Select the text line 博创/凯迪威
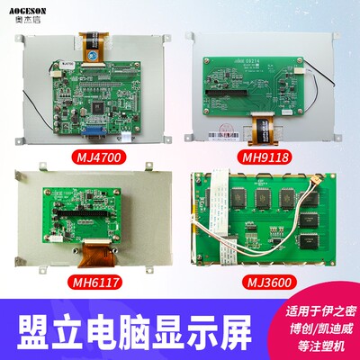click(x=311, y=317)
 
